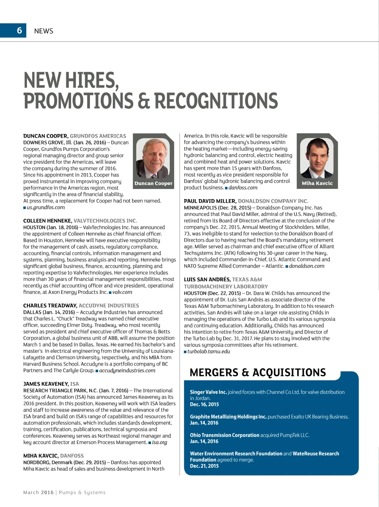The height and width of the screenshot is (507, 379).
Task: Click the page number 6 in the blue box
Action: tap(20, 30)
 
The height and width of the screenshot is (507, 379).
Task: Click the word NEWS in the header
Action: tap(44, 31)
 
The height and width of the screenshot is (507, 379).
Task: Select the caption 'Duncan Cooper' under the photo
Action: tap(153, 184)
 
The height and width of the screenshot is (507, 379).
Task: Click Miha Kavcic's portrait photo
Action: tap(317, 159)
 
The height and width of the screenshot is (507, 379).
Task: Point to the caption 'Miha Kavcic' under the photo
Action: tap(317, 184)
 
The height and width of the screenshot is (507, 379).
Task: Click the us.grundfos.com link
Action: tap(46, 208)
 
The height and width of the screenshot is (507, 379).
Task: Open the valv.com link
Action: tap(122, 292)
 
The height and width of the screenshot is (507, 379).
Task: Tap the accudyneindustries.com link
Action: tap(127, 371)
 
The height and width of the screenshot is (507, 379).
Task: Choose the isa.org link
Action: tap(160, 443)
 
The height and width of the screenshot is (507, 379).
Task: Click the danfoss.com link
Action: tap(243, 188)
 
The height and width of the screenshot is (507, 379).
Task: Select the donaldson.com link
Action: tap(306, 266)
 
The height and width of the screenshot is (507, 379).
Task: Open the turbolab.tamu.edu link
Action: tap(208, 352)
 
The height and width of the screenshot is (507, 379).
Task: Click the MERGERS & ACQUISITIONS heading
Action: tap(258, 373)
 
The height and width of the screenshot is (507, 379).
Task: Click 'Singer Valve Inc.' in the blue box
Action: tap(208, 392)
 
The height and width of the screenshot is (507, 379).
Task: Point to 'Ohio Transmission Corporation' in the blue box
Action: tap(225, 435)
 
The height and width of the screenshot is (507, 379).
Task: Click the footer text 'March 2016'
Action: tap(38, 493)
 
